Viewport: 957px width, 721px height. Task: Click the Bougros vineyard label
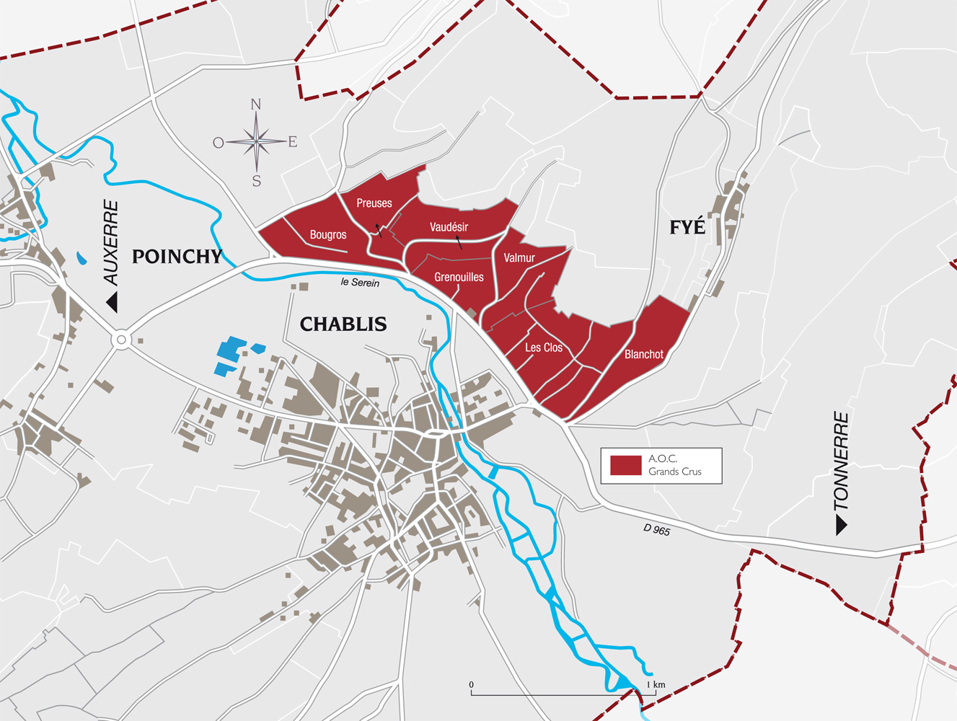[328, 235]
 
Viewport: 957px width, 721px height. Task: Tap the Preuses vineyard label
[374, 203]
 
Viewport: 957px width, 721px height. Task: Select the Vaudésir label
[449, 227]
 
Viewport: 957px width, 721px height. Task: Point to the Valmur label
[519, 258]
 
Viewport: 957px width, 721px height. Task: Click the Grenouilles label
[459, 277]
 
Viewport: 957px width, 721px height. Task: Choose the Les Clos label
[544, 348]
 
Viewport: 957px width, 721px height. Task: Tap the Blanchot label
[644, 355]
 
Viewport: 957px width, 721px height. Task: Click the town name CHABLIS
[343, 324]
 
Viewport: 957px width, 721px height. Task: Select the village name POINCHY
[177, 257]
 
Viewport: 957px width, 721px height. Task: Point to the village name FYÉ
[687, 227]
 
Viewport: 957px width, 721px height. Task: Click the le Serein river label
[360, 283]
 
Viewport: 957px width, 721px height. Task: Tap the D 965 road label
[657, 530]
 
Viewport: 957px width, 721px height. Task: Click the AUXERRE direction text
[110, 242]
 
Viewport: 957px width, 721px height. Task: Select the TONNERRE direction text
[841, 461]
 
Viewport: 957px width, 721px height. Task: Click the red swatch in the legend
[625, 465]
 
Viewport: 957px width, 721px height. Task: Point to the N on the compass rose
[256, 105]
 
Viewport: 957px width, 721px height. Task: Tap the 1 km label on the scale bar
[656, 684]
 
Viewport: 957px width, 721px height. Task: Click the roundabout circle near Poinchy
[121, 339]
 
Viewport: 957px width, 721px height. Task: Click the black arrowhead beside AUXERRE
[113, 302]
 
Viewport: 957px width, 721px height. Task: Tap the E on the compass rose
[293, 142]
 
